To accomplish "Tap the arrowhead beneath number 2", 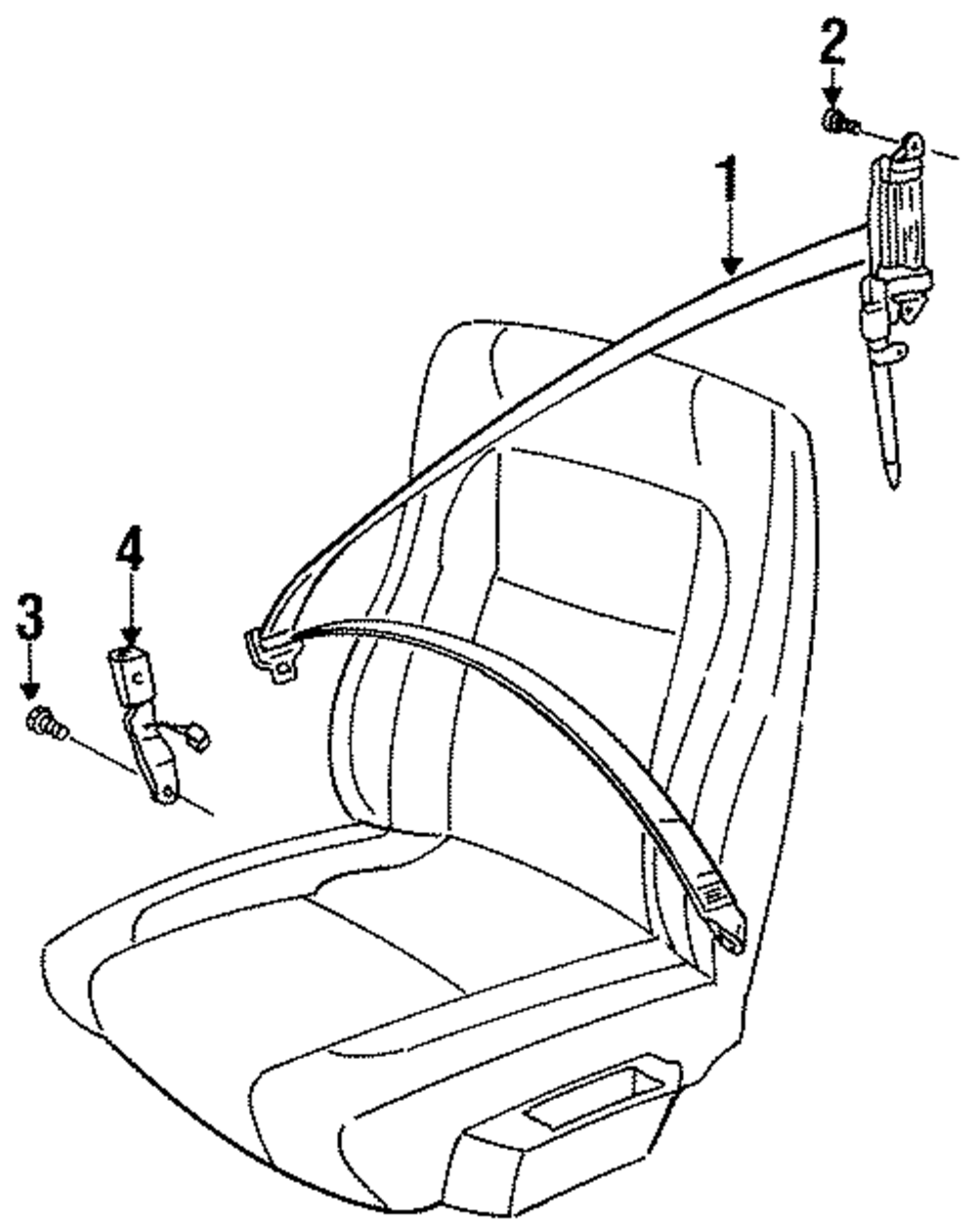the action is pos(831,101).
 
